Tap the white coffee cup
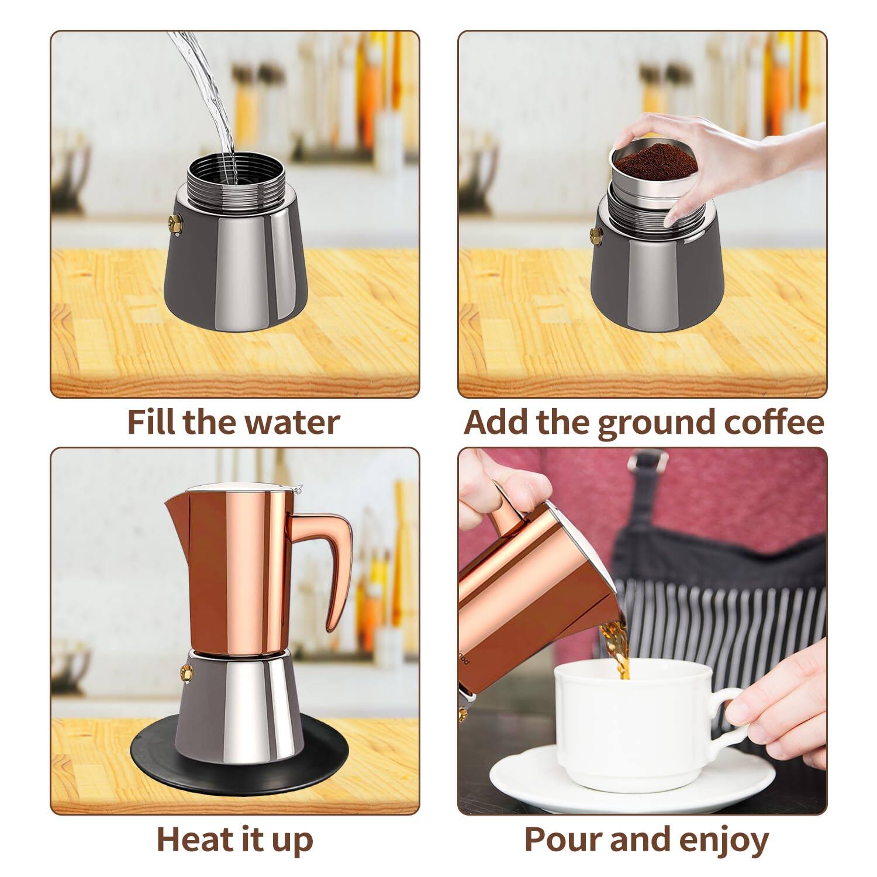click(631, 719)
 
